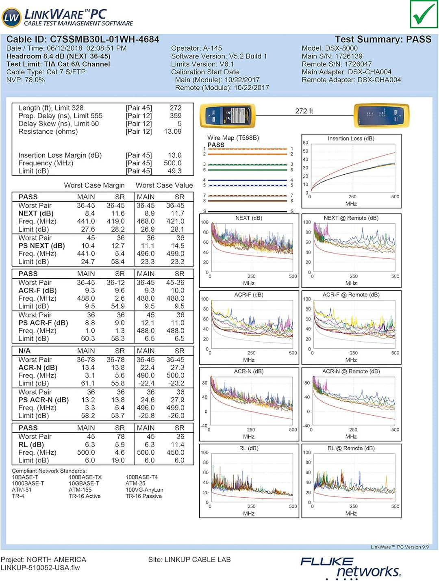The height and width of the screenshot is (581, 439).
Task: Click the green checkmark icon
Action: click(424, 14)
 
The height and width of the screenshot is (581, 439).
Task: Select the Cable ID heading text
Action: click(83, 39)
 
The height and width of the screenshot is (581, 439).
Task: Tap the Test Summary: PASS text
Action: click(382, 39)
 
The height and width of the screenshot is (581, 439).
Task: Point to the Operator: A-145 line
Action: click(196, 48)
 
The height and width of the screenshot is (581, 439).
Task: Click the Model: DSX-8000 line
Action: click(329, 48)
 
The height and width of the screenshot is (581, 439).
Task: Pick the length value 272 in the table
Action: click(176, 108)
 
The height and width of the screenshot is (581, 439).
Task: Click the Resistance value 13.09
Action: click(173, 132)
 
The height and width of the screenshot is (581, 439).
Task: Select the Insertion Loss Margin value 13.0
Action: click(174, 155)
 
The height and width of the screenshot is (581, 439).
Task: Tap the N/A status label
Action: click(24, 351)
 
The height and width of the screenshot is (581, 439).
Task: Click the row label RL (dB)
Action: click(31, 444)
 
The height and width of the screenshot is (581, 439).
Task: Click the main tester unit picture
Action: click(228, 116)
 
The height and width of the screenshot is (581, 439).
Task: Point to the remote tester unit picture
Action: click(381, 115)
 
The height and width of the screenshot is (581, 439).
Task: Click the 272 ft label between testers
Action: click(304, 111)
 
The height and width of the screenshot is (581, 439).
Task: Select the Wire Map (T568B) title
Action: click(233, 138)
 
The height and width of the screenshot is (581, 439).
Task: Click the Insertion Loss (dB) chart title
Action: click(351, 139)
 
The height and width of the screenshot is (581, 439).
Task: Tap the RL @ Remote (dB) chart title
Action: click(351, 449)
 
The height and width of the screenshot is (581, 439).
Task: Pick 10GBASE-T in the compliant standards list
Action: click(84, 483)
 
